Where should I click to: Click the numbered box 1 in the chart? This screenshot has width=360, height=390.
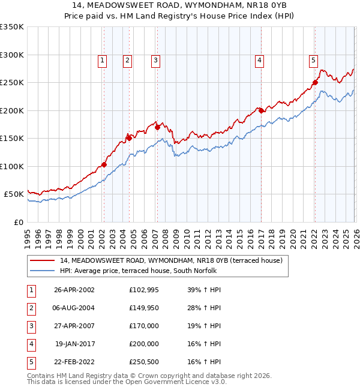[x=103, y=60]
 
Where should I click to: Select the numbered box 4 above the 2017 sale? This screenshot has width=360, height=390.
[x=260, y=60]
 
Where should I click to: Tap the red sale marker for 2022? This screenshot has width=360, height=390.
[x=314, y=83]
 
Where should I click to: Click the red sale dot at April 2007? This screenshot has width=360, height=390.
[x=157, y=127]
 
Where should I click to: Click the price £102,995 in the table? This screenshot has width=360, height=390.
[x=143, y=290]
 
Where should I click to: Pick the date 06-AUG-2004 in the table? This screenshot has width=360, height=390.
[x=74, y=308]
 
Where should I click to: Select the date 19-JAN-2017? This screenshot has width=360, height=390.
[x=74, y=344]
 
